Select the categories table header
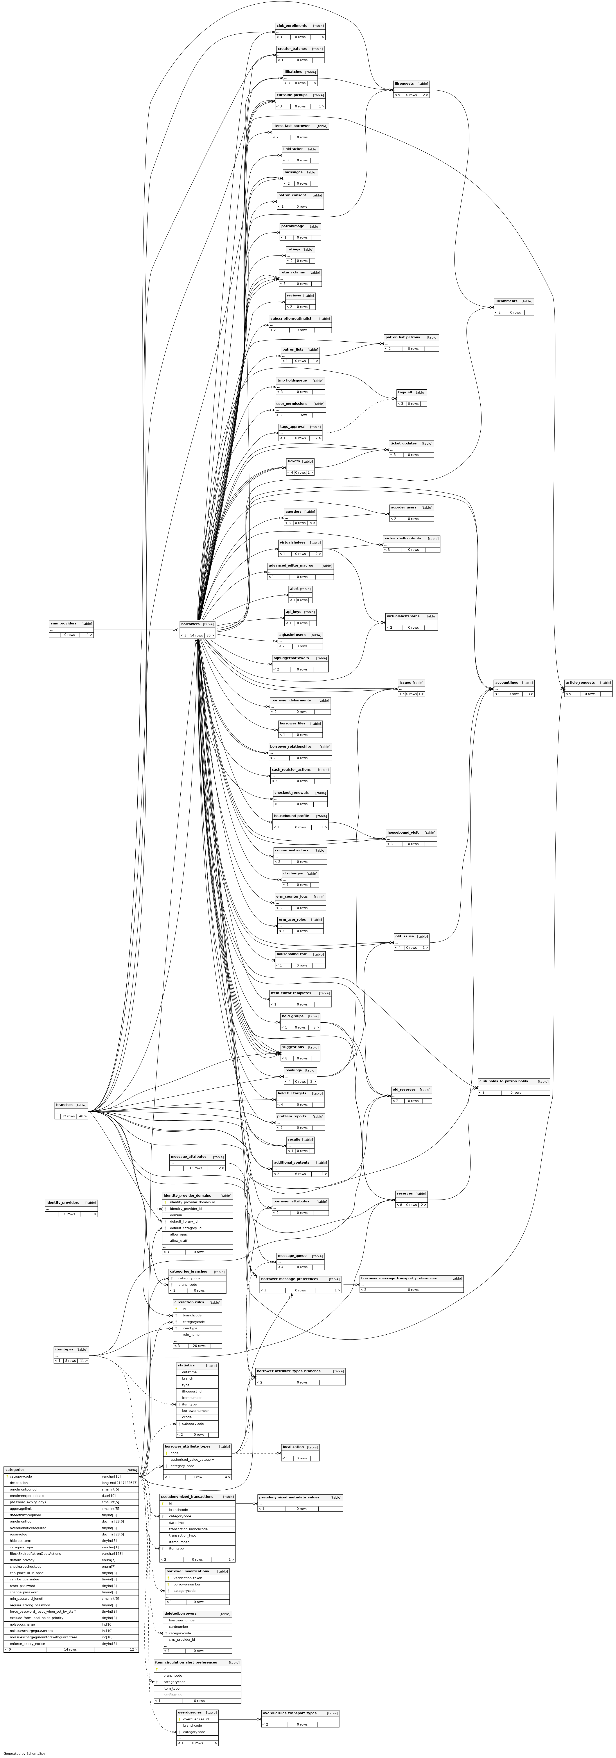point(15,1469)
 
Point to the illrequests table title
point(404,83)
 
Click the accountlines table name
point(506,683)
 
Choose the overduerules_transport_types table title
point(289,1712)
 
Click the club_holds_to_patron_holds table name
point(503,1081)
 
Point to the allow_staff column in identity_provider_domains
point(179,1241)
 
